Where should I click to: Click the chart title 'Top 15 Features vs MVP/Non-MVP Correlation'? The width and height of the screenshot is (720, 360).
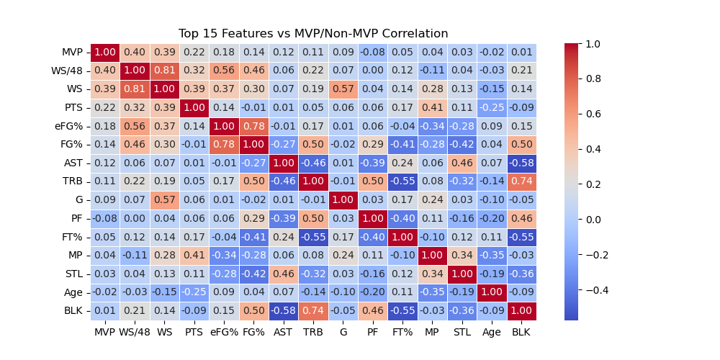313,34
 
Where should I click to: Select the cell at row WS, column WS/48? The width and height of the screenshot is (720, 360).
135,89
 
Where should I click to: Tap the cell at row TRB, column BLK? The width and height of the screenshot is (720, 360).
521,181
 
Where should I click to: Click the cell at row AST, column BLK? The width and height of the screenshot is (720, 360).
521,163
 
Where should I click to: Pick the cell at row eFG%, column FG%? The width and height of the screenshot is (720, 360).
253,127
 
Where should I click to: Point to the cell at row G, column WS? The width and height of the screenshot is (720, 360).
164,200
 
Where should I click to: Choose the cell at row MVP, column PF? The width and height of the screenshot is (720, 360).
372,53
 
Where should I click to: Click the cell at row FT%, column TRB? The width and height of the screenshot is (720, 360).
313,237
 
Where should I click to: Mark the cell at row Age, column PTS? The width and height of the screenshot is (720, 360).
194,292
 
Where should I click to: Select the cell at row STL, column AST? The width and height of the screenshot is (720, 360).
283,274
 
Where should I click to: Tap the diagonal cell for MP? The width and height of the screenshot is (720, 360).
432,256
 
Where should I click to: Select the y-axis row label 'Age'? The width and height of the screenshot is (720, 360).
73,292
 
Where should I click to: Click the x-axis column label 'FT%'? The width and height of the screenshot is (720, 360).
402,332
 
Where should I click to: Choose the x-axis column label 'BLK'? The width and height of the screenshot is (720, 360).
521,332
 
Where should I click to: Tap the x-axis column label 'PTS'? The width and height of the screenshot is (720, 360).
194,332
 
